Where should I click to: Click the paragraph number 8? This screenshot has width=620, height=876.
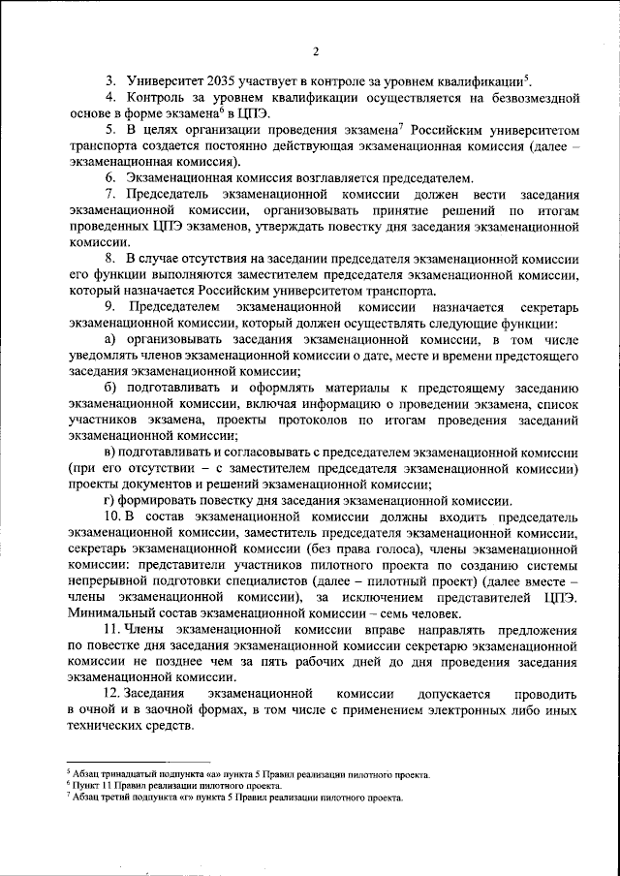pyautogui.click(x=110, y=261)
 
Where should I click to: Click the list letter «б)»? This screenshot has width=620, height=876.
pyautogui.click(x=110, y=388)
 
